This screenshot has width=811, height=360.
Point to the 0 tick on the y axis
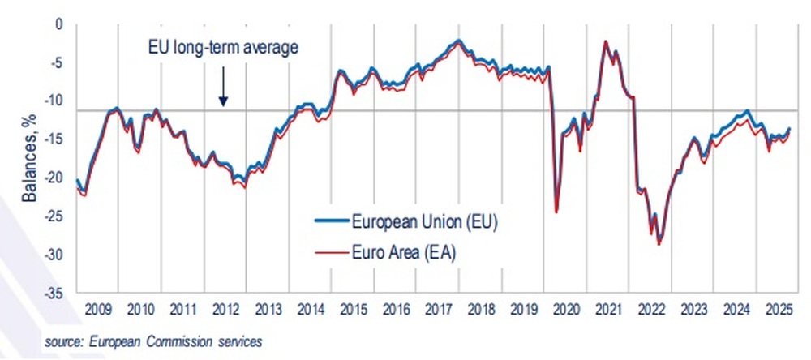(x=58, y=25)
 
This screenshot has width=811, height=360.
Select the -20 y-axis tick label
(x=54, y=178)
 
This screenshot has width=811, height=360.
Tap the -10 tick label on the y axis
(x=54, y=101)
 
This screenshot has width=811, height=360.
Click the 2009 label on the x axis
(x=97, y=309)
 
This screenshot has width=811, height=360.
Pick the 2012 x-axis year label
(x=224, y=309)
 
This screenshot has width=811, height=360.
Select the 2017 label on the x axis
(x=437, y=309)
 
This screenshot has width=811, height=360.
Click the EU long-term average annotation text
(x=223, y=46)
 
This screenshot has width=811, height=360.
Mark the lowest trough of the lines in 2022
(x=659, y=243)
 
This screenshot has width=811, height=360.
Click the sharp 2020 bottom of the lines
(x=556, y=212)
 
